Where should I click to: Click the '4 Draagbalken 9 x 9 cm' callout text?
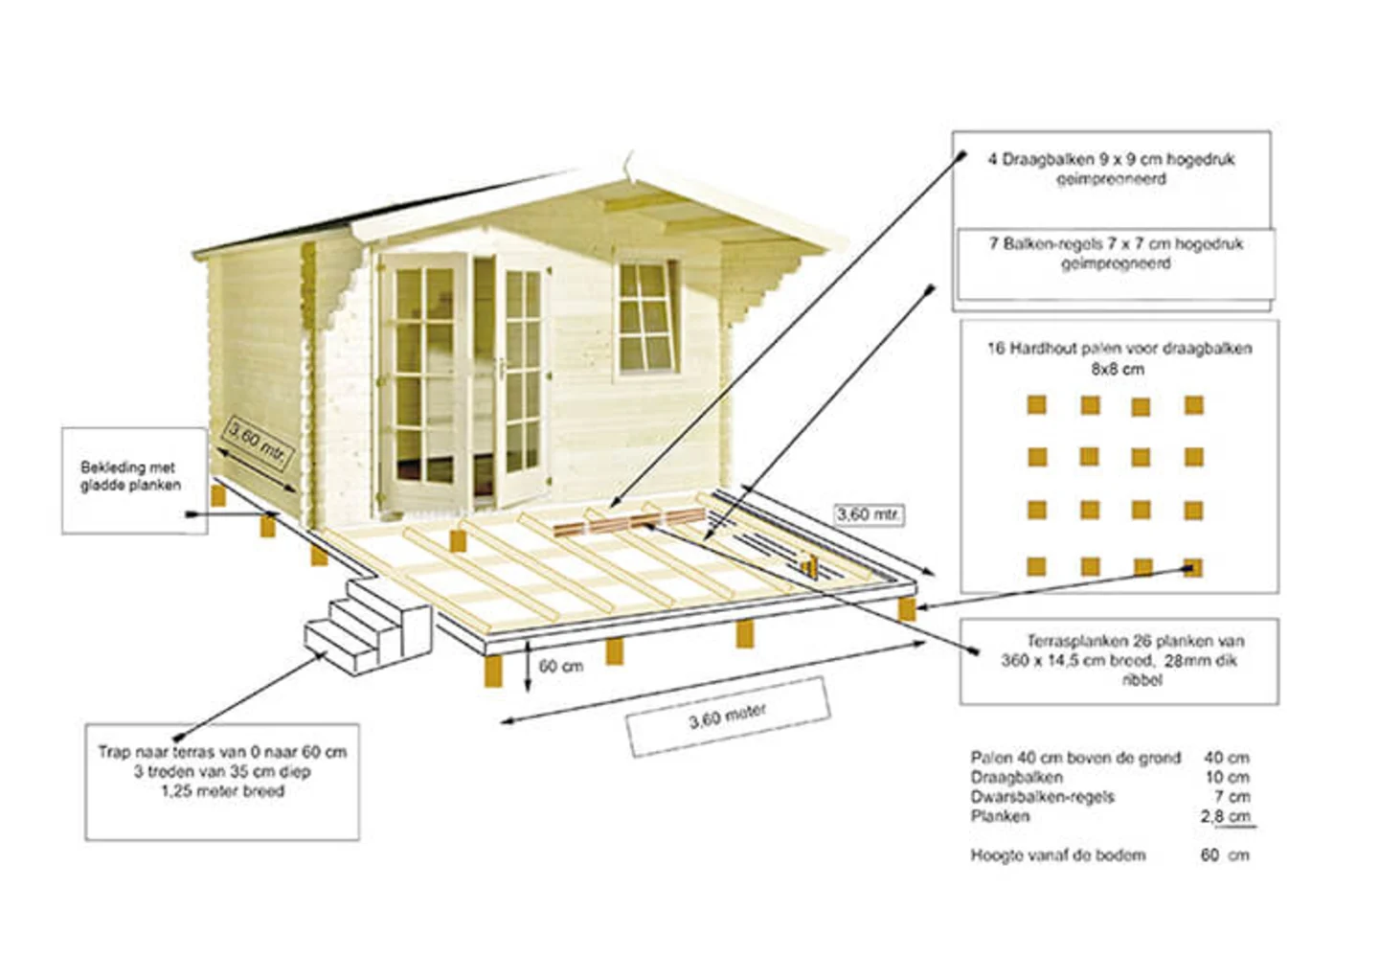(1111, 169)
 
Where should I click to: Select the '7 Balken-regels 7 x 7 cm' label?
(1116, 254)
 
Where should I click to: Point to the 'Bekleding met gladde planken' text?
(130, 476)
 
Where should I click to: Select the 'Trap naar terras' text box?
(222, 772)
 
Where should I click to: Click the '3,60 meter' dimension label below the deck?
(728, 717)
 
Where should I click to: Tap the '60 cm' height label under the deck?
(561, 666)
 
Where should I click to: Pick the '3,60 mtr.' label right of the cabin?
(868, 514)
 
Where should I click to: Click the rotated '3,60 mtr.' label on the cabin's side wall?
(256, 443)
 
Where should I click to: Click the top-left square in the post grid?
(1036, 405)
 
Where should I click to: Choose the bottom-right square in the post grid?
(1192, 567)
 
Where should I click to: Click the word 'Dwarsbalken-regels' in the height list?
(1042, 797)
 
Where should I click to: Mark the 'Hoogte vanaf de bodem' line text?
(1057, 854)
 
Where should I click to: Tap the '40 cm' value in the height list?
(1226, 758)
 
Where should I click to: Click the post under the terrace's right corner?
(905, 609)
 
